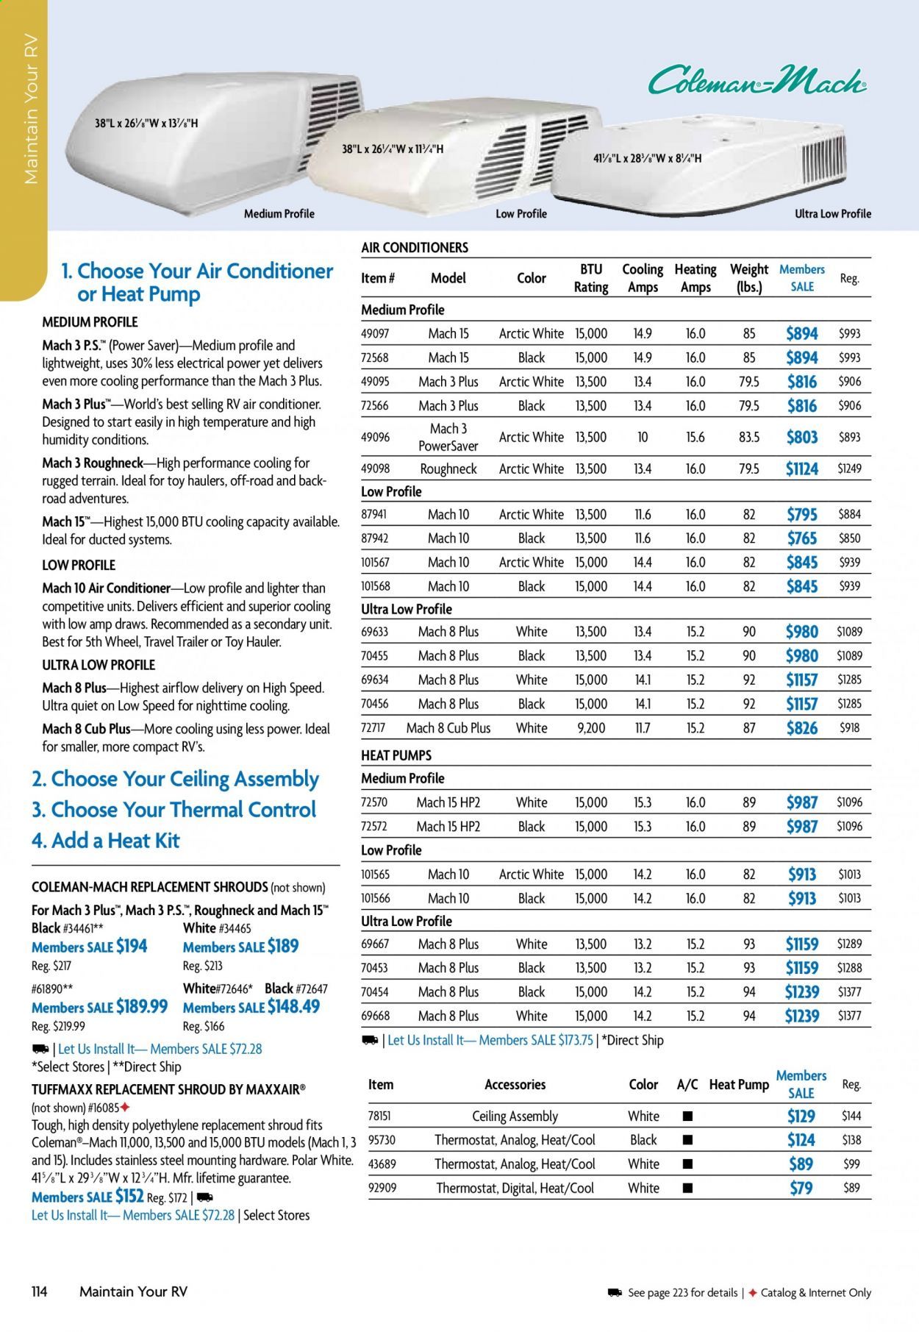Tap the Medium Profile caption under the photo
279,214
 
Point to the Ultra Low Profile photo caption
832,214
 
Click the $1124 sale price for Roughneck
801,469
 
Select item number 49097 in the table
375,333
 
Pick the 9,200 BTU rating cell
591,728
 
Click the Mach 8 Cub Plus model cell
448,728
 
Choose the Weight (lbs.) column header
748,278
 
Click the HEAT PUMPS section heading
396,755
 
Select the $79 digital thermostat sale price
801,1188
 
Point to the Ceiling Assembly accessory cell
515,1116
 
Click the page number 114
40,1292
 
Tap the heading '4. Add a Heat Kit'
105,841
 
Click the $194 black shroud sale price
132,947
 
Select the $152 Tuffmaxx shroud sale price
129,1197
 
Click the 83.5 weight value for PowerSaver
748,437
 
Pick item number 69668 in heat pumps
375,1016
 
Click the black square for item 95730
687,1140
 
